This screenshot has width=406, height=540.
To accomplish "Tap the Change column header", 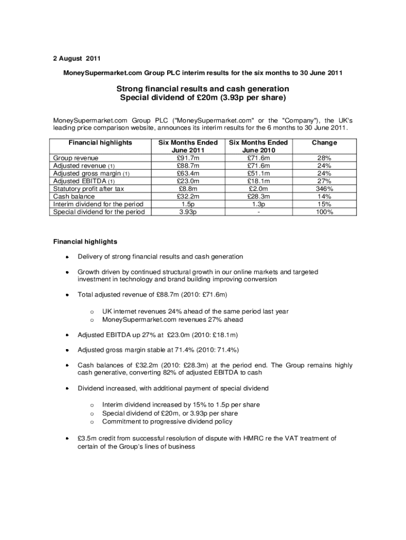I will (324, 143).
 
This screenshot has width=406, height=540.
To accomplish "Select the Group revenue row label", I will (76, 158).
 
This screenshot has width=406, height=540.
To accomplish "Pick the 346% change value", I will (324, 188).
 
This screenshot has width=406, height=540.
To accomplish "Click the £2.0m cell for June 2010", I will (258, 188).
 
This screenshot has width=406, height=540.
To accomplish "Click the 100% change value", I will (324, 211).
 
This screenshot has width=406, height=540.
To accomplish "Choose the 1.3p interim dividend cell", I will (258, 204).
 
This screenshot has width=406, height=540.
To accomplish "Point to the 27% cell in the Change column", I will (324, 181).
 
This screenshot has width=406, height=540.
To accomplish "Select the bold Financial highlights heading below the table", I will (85, 242).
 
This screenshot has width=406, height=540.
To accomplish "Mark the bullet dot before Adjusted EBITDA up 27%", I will (67, 335).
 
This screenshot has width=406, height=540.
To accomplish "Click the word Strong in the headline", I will (129, 89).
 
